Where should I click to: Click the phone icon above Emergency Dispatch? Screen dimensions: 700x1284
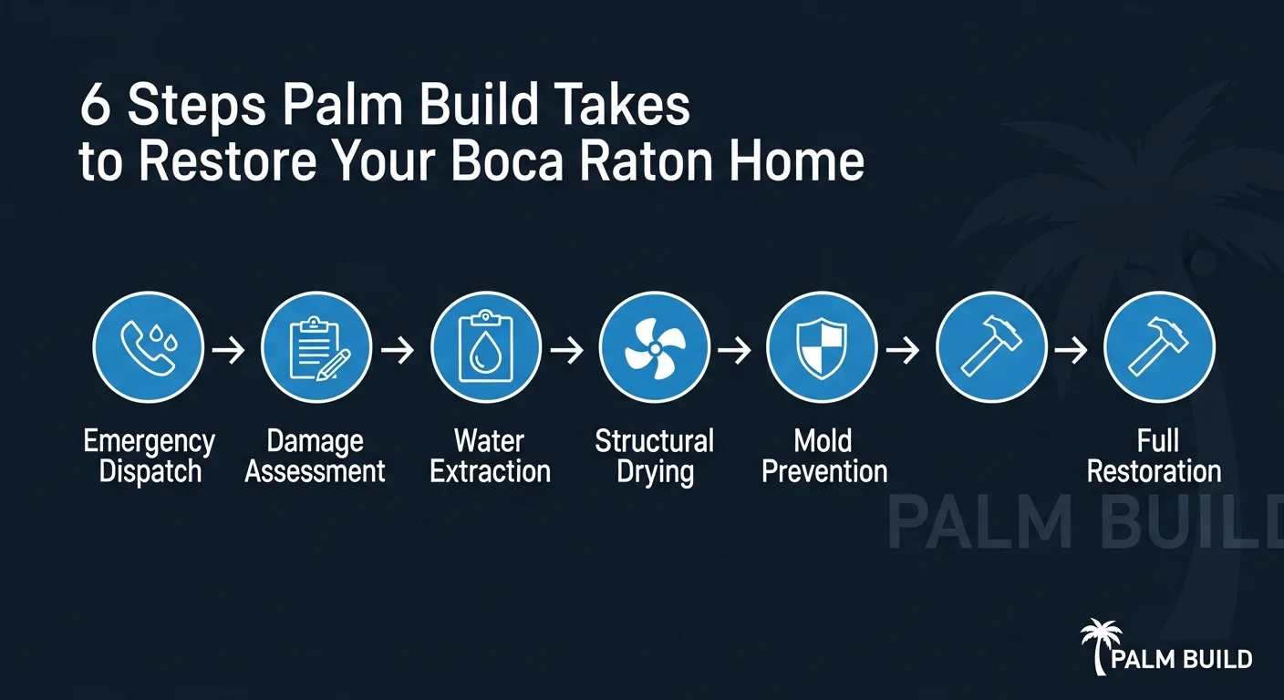point(148,347)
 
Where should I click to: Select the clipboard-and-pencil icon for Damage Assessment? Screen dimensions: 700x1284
point(316,347)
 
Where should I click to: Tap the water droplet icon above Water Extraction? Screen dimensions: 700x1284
point(485,347)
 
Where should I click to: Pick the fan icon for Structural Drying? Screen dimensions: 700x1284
point(654,347)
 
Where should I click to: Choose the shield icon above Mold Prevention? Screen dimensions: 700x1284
point(822,347)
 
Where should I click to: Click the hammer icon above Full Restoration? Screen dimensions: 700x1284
point(1159,347)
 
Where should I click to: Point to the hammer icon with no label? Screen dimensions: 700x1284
point(991,347)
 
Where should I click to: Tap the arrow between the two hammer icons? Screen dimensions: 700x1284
point(1075,349)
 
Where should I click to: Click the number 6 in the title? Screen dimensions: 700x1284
point(95,108)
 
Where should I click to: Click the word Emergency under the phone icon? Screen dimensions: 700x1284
point(149,442)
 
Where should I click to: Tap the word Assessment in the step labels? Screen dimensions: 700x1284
point(316,471)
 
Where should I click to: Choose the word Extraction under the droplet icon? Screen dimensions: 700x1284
point(491,471)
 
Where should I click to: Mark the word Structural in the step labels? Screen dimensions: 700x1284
point(655,442)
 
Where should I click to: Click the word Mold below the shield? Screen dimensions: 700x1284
point(823,442)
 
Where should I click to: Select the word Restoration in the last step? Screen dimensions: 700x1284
point(1154,471)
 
